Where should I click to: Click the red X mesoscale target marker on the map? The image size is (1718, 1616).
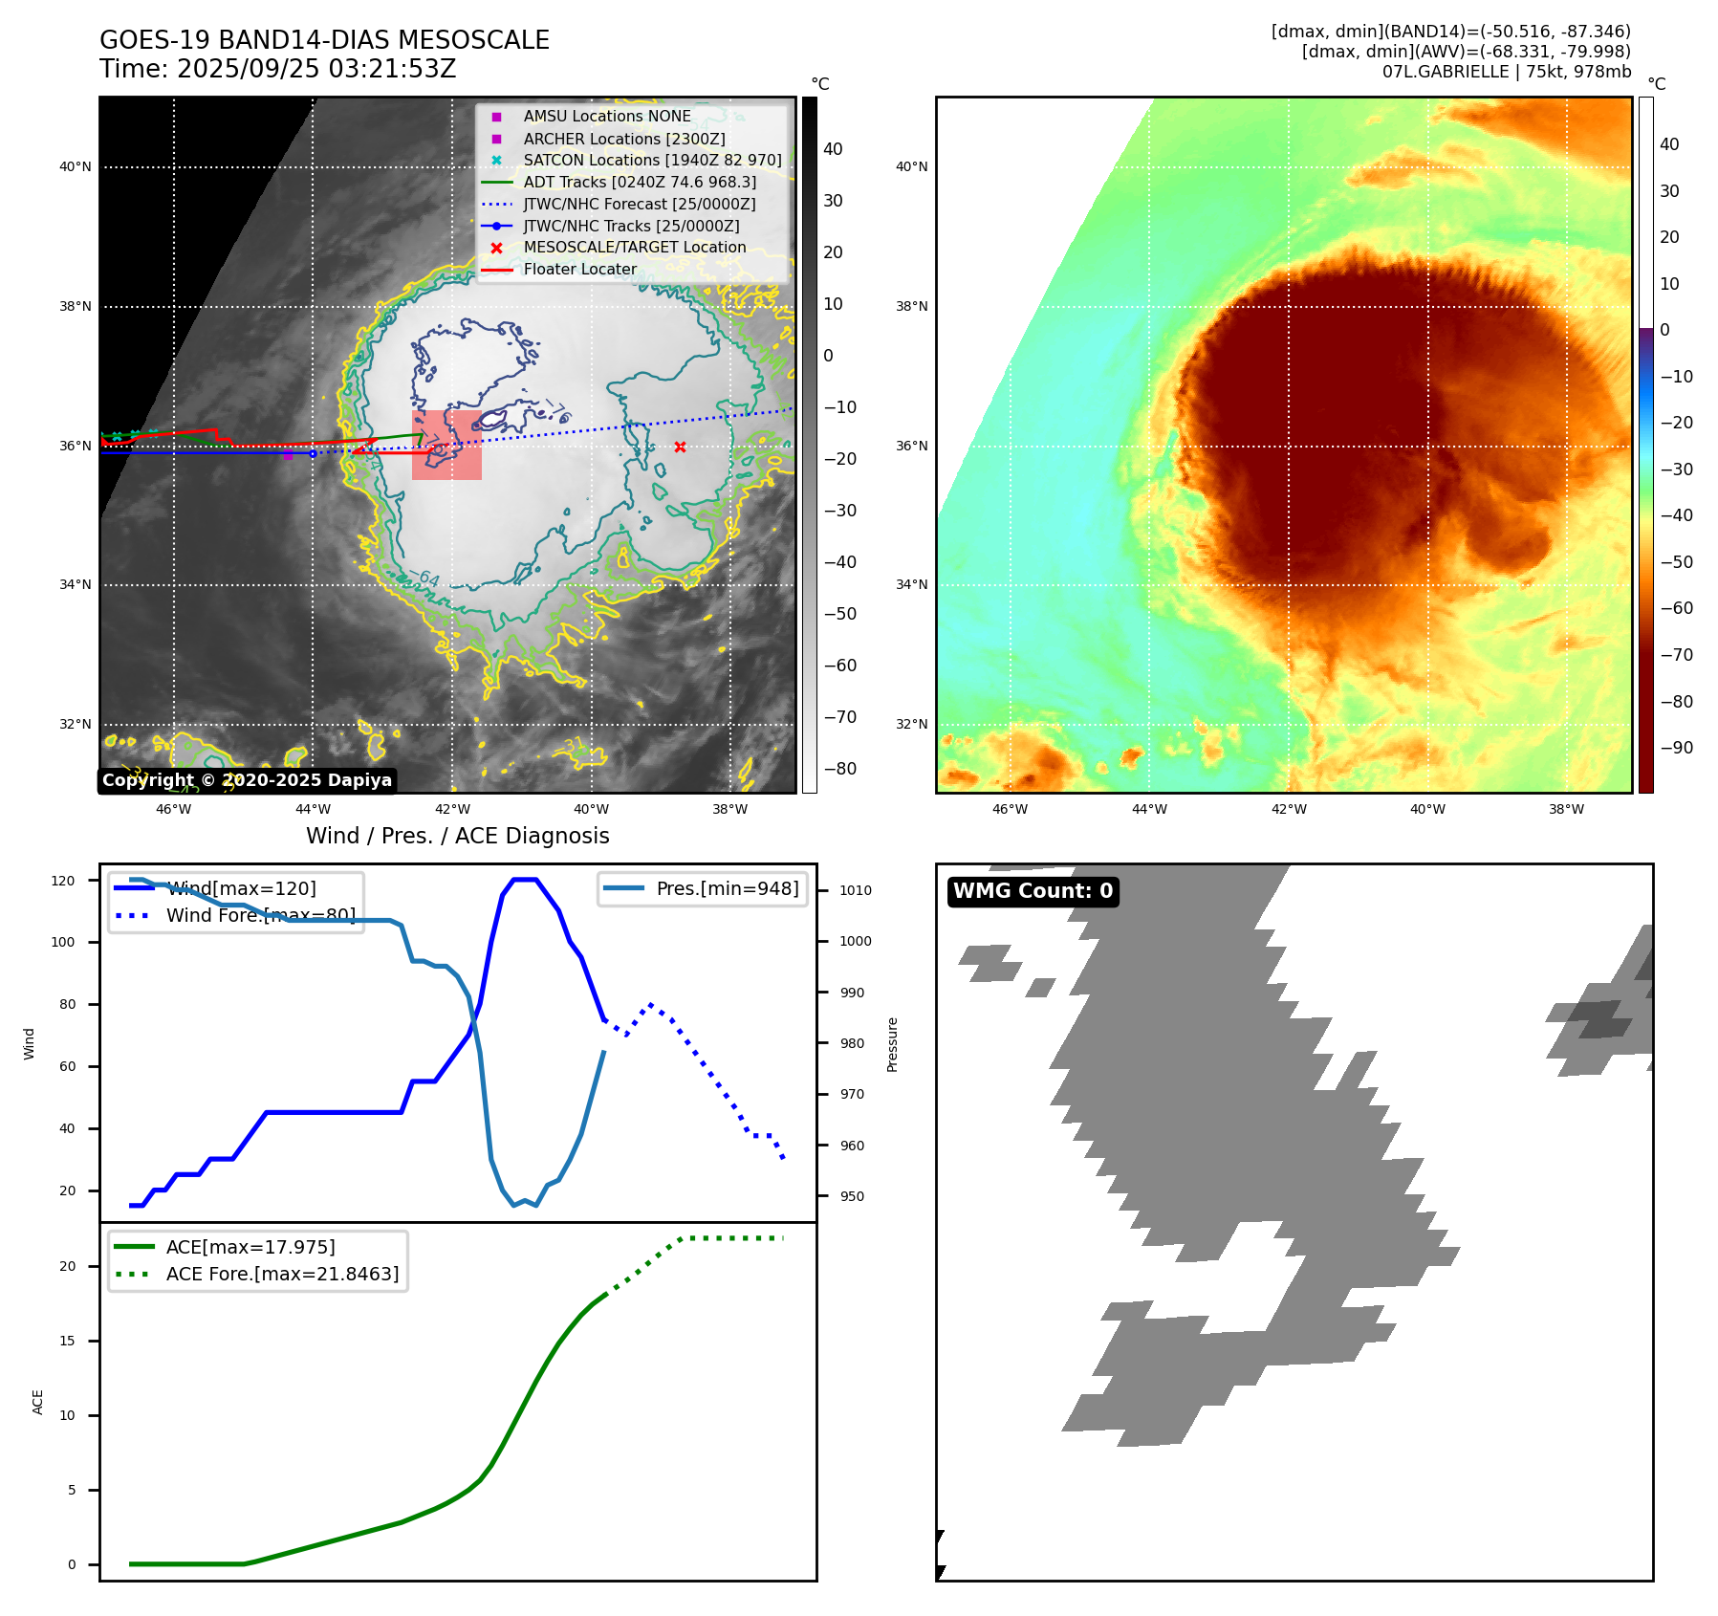[x=680, y=447]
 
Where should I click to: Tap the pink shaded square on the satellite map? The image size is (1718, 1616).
[x=446, y=445]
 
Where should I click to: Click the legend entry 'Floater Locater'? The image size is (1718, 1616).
[x=579, y=270]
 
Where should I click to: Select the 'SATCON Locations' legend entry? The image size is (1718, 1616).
[x=652, y=161]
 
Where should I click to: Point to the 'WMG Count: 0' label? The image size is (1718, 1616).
[x=1033, y=891]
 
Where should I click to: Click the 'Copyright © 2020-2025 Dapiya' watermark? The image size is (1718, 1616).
[x=247, y=780]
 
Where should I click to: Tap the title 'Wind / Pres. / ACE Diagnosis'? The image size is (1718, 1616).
[x=457, y=836]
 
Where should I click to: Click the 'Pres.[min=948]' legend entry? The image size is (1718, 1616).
[x=727, y=888]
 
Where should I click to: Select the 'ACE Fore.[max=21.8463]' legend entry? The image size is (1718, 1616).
[x=282, y=1274]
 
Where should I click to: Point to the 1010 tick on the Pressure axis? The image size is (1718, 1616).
[x=855, y=890]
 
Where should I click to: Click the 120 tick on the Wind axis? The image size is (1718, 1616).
[x=63, y=881]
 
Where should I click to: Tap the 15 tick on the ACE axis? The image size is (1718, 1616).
[x=67, y=1341]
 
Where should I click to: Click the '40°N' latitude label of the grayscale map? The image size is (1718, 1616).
[x=76, y=167]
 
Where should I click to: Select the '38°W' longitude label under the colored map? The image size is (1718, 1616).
[x=1566, y=810]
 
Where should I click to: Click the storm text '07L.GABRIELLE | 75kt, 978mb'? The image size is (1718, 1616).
[x=1506, y=72]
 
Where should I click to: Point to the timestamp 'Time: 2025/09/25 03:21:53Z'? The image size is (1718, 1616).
[x=277, y=70]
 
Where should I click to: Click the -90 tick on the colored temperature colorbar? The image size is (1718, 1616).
[x=1676, y=748]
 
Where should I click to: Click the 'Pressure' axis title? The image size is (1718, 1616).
[x=892, y=1044]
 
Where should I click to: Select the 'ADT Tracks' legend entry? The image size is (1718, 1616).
[x=639, y=183]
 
